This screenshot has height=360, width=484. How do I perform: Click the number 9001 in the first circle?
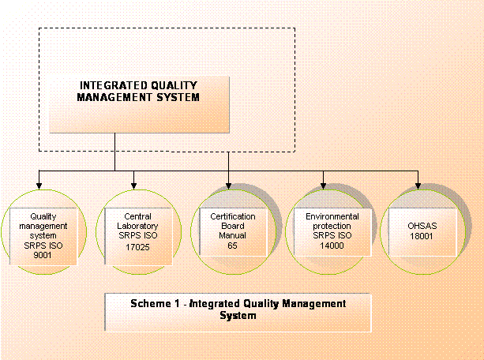point(43,255)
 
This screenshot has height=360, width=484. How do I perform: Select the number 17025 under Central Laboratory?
point(137,247)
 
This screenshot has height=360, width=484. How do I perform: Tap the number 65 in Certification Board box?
point(232,246)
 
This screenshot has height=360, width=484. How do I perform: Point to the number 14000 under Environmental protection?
point(332,246)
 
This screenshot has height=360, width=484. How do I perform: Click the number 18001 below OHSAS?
point(422,236)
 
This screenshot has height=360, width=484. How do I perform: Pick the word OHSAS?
point(422,226)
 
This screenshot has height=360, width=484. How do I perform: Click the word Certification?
point(233,216)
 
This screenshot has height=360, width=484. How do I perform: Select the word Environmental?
point(332,216)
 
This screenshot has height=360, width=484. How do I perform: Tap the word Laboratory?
point(137,226)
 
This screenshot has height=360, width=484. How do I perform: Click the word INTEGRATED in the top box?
point(109,85)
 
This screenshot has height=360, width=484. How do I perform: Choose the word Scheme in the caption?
point(151,303)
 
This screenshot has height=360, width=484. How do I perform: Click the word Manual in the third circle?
point(232,235)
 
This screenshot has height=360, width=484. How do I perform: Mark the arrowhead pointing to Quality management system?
point(39,186)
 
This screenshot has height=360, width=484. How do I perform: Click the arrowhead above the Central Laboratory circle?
point(133,186)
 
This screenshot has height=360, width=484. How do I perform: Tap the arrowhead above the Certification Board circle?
point(228,186)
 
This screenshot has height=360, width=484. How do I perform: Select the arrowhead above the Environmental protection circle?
point(323,186)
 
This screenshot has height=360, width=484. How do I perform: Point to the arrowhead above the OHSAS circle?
point(418,186)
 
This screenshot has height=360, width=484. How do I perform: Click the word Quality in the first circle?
point(43,216)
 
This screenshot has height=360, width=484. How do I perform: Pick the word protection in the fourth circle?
point(332,226)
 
